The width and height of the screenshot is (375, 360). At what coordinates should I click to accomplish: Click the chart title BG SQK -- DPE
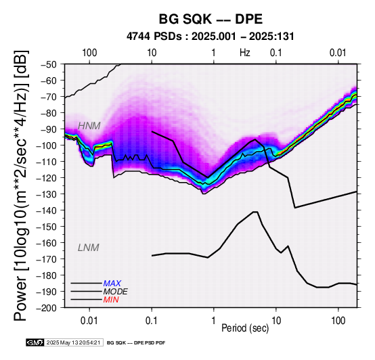(211, 19)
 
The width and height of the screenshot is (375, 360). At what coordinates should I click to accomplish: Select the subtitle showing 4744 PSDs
(211, 37)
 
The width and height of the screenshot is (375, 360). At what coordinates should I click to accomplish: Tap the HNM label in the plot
(89, 126)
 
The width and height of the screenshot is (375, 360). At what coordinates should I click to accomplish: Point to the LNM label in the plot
(89, 248)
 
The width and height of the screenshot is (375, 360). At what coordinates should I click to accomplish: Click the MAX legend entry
(112, 284)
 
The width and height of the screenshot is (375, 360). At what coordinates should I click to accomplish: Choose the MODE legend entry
(116, 292)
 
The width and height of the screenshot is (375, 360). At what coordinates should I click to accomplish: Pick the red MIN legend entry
(111, 300)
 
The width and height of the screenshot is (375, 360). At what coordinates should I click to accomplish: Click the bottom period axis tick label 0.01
(89, 321)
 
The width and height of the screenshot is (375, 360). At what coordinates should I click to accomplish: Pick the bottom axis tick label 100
(338, 321)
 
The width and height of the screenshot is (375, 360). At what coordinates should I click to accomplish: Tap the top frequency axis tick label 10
(152, 53)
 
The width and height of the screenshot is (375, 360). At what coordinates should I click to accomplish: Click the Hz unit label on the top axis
(245, 53)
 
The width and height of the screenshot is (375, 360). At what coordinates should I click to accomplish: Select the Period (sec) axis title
(245, 328)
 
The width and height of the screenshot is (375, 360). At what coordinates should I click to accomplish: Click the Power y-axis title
(20, 185)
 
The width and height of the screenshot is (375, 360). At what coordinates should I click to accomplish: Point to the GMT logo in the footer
(35, 342)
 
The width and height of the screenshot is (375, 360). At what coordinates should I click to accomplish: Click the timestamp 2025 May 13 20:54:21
(73, 342)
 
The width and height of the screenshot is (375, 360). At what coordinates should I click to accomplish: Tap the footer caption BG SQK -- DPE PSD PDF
(136, 343)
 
